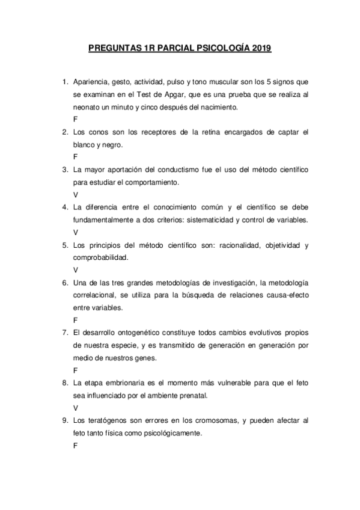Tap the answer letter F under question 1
(x=75, y=119)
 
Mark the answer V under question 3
(x=75, y=195)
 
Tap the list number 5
(x=64, y=245)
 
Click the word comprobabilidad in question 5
(x=101, y=257)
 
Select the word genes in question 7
(x=145, y=358)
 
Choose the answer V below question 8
(x=75, y=408)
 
